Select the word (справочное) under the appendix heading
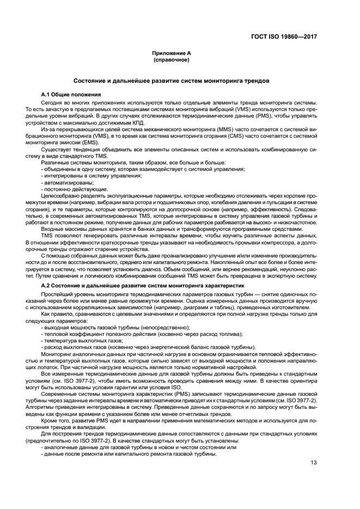point(172,60)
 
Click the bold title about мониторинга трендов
point(172,80)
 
